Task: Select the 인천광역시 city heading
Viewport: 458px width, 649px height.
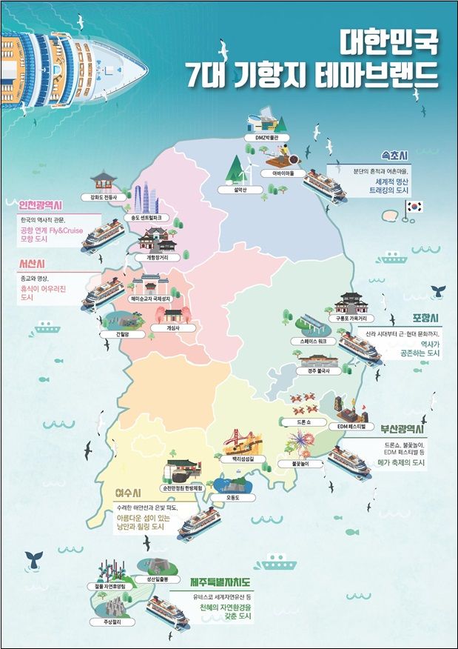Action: pos(36,204)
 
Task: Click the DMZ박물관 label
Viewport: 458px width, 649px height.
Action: pos(265,138)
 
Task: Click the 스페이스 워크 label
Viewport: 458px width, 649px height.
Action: pos(303,342)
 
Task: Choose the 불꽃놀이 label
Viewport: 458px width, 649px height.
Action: pos(290,464)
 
